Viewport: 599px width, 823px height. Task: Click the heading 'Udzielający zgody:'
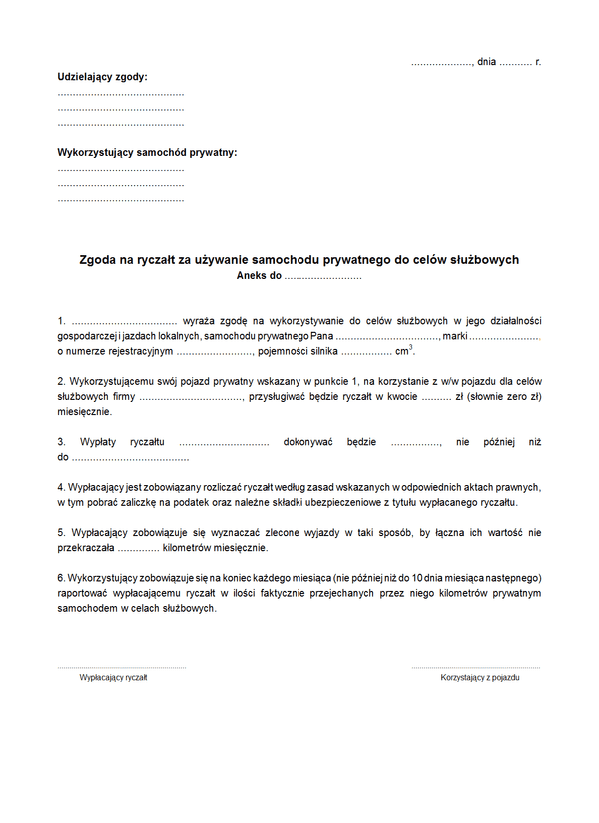pos(102,76)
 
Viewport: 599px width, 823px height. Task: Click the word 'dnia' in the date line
pos(486,62)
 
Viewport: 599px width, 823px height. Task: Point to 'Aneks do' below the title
pos(259,275)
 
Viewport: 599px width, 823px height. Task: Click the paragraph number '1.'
pos(62,320)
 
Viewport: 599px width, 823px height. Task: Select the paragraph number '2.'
pos(62,381)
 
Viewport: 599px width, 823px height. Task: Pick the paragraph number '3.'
pos(62,441)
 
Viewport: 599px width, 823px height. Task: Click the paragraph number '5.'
pos(62,532)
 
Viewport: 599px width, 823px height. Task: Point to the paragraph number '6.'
pos(61,578)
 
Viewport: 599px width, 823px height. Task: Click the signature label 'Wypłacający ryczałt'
pos(113,677)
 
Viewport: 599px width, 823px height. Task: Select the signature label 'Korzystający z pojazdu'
pos(480,677)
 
